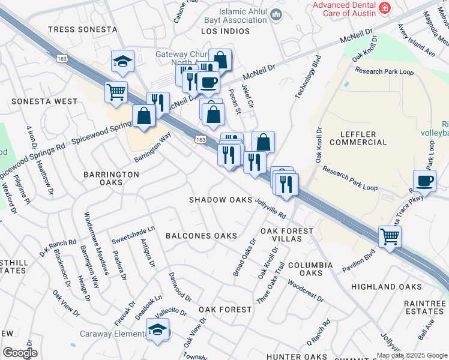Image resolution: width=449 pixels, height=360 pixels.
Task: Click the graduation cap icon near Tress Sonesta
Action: (x=122, y=61)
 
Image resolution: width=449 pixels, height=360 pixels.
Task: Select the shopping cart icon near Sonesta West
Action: (x=116, y=92)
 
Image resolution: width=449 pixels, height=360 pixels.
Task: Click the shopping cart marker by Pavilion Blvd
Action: (x=390, y=236)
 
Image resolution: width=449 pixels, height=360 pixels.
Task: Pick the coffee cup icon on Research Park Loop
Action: (x=425, y=180)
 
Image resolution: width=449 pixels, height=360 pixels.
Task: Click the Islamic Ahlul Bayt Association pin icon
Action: (x=276, y=14)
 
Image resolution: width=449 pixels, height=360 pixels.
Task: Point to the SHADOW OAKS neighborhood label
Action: (x=220, y=200)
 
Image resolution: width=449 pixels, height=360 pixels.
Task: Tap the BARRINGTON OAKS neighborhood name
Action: (x=111, y=178)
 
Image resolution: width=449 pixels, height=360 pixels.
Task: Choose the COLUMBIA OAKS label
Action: (x=310, y=269)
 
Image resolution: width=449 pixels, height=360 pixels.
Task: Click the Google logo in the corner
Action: (x=20, y=353)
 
